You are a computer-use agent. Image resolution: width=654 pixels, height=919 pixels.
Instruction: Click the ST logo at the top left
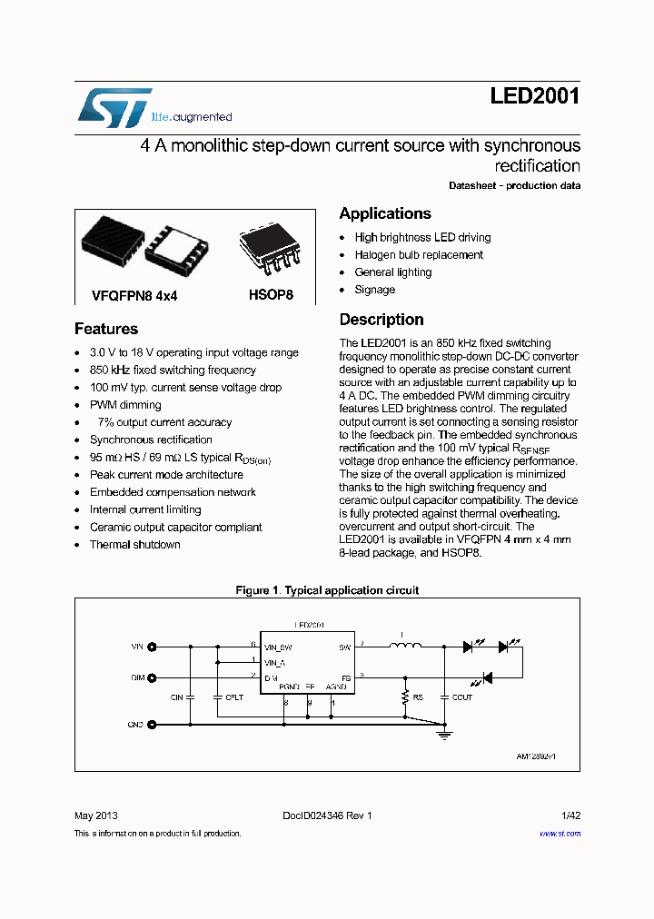(x=113, y=107)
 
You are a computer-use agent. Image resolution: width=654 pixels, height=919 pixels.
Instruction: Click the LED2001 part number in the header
(x=535, y=96)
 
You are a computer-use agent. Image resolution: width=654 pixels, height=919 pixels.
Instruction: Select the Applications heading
(x=385, y=213)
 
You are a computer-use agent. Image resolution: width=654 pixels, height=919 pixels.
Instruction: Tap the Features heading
(x=106, y=329)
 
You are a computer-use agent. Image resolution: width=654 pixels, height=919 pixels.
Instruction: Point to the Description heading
(x=381, y=320)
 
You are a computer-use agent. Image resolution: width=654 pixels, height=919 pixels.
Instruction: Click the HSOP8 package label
(x=271, y=295)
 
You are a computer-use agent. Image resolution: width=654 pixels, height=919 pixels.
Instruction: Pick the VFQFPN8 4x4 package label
(x=134, y=295)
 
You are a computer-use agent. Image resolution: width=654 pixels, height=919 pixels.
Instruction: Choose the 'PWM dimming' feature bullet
(x=125, y=405)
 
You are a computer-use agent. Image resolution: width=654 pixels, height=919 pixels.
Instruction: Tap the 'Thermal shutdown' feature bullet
(x=134, y=545)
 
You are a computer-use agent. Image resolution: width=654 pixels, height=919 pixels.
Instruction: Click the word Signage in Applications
(x=375, y=290)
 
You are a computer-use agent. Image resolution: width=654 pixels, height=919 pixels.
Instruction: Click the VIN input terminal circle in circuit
(x=152, y=647)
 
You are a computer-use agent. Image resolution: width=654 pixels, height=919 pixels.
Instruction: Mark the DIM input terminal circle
(x=152, y=677)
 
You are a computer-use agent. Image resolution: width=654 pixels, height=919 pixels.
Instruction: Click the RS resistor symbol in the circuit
(x=405, y=697)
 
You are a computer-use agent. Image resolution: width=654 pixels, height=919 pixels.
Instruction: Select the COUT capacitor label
(x=462, y=697)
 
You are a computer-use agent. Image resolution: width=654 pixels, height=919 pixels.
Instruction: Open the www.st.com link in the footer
(x=560, y=834)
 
